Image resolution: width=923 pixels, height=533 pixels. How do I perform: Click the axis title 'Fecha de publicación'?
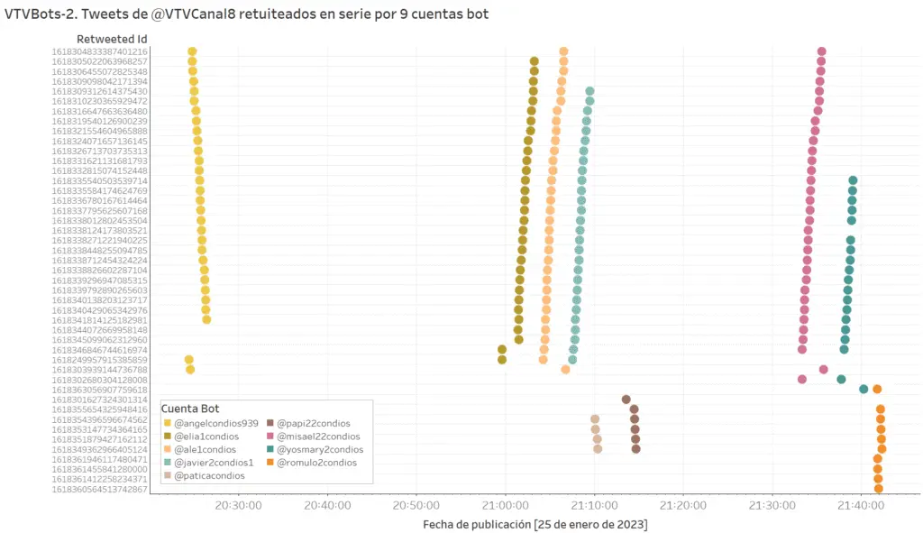(535, 524)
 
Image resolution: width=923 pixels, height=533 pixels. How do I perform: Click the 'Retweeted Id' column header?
(113, 39)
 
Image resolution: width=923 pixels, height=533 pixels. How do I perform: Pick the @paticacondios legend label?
(208, 475)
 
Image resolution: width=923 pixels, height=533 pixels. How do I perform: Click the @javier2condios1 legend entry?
(213, 463)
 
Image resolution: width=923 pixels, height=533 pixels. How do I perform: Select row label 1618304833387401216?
(100, 51)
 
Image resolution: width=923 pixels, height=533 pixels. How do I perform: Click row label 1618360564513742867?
(100, 489)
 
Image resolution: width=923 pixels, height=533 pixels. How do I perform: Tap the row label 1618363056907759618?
(100, 390)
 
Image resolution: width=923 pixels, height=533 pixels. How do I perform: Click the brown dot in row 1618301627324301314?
(626, 399)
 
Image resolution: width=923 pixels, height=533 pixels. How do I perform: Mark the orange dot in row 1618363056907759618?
(877, 390)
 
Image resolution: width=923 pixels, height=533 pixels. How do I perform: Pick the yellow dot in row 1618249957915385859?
(189, 359)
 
